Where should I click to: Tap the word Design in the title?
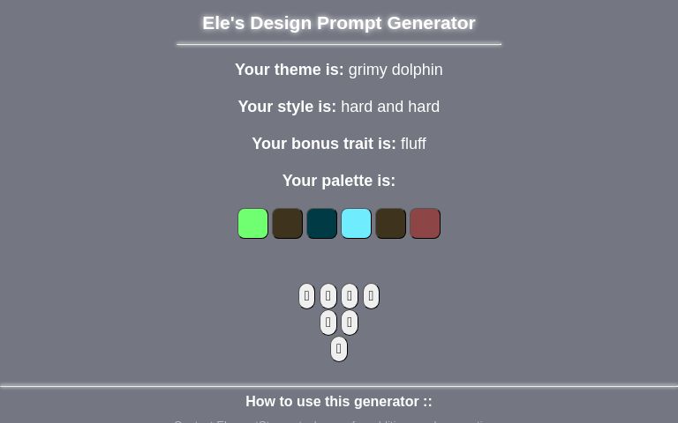click(x=280, y=23)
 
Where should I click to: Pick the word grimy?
click(x=368, y=70)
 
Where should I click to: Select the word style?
click(x=295, y=107)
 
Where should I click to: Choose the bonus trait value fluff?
click(x=413, y=144)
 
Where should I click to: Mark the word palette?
click(x=347, y=181)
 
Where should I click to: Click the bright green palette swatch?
click(x=252, y=224)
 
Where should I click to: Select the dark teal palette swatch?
click(x=321, y=224)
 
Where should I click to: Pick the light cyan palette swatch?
click(x=356, y=224)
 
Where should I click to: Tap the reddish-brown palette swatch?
click(x=425, y=224)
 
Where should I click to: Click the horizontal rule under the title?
click(x=339, y=43)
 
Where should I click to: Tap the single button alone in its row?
click(x=338, y=349)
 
